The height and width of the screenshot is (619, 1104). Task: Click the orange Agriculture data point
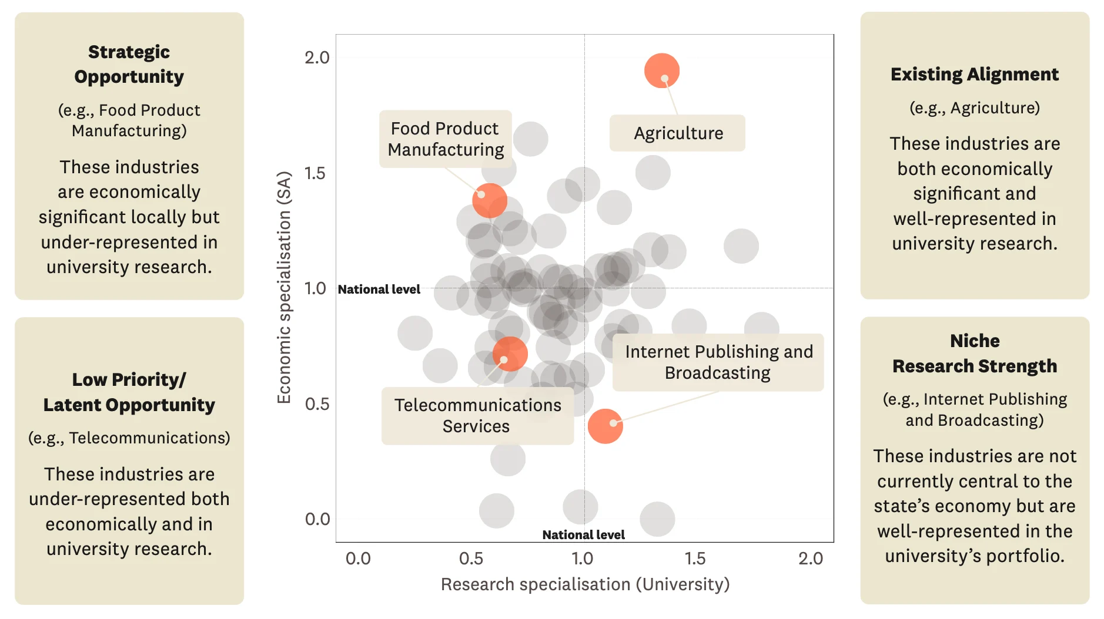click(x=661, y=71)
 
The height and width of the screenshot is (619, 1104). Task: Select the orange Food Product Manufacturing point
click(x=489, y=200)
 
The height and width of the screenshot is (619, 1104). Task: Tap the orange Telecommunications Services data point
click(x=510, y=354)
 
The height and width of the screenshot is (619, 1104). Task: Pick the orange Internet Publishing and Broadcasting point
click(x=605, y=426)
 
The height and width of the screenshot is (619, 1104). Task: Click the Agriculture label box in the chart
click(x=677, y=133)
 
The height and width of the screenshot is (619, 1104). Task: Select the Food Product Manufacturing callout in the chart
click(x=445, y=139)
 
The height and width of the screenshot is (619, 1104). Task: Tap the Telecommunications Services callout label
click(x=477, y=415)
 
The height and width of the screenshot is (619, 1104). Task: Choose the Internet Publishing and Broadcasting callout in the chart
click(x=718, y=362)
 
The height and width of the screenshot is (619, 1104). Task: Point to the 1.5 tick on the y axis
click(x=315, y=173)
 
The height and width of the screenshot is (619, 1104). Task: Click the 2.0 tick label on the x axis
click(x=810, y=559)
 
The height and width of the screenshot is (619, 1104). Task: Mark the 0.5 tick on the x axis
click(x=471, y=559)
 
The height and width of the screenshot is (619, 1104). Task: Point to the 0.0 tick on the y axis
click(x=317, y=519)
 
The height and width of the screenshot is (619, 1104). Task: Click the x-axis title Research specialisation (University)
click(x=585, y=584)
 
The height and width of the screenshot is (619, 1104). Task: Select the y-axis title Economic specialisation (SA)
click(x=284, y=287)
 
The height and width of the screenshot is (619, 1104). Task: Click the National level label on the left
click(x=379, y=290)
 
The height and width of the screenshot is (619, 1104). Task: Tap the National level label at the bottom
click(x=583, y=535)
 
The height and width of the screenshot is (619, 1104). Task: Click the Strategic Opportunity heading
click(x=129, y=64)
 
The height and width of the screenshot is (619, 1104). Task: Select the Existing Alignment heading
click(x=974, y=75)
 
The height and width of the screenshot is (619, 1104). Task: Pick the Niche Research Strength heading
click(x=974, y=354)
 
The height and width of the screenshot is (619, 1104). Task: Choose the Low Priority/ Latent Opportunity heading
click(x=129, y=392)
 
